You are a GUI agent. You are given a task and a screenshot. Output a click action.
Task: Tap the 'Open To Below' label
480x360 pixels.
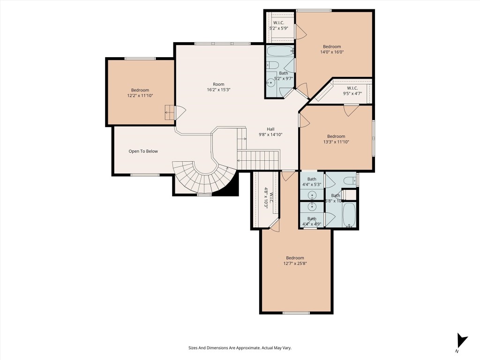[x=143, y=151]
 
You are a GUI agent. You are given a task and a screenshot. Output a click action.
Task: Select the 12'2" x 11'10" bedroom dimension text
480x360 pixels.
[x=140, y=96]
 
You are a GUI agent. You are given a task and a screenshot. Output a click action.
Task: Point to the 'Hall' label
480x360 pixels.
[x=270, y=129]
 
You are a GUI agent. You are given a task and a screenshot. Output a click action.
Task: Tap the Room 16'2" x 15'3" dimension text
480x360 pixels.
[x=218, y=90]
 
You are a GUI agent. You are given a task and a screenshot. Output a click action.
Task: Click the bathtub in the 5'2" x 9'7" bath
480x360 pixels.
[x=280, y=51]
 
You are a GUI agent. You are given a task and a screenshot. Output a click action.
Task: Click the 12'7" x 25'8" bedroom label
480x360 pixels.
[x=295, y=261]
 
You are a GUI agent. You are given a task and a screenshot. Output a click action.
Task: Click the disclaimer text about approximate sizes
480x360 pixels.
[x=240, y=348]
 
